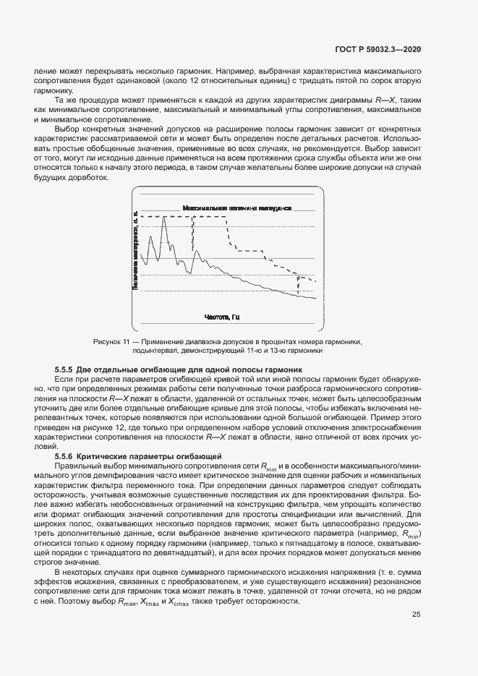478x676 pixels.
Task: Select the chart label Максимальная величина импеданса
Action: point(237,207)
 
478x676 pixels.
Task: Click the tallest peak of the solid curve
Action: point(164,218)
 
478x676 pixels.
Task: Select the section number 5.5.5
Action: point(67,369)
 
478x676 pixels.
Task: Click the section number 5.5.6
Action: point(67,456)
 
